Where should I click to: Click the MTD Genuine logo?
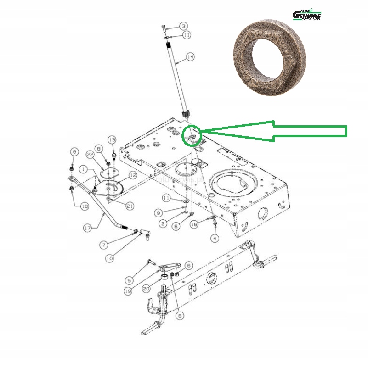307,15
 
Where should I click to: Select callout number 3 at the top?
183,26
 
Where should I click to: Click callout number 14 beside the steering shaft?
190,57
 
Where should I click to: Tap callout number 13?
112,139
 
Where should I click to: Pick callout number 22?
90,156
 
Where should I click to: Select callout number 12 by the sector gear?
133,175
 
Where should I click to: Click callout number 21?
130,206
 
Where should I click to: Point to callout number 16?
84,206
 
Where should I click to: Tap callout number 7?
104,245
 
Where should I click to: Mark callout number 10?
109,258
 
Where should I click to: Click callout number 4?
215,238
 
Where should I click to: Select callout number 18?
194,224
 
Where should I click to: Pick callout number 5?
130,280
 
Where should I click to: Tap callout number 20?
147,289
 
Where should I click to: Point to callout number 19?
128,290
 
